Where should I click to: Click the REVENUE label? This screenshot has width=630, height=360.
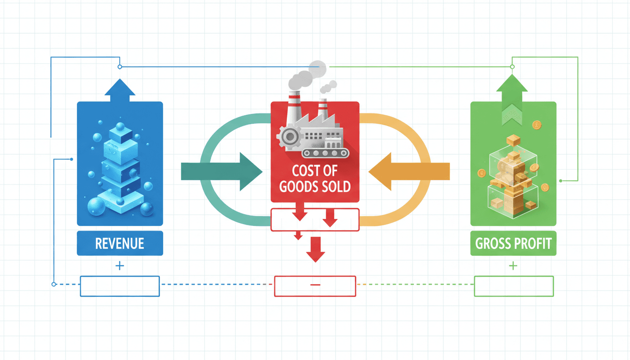[x=120, y=243]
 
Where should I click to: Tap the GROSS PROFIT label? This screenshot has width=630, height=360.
[x=513, y=243]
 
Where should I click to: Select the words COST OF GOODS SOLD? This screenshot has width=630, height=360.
[x=315, y=179]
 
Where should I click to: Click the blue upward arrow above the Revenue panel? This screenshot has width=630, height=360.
[x=120, y=90]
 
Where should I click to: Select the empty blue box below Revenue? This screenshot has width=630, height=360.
[x=120, y=286]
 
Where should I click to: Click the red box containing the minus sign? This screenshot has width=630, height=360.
[x=315, y=286]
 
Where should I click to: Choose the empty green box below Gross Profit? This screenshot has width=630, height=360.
[x=514, y=286]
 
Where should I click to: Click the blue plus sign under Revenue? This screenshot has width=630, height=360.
[x=120, y=266]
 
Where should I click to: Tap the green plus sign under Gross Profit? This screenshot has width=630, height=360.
[x=513, y=266]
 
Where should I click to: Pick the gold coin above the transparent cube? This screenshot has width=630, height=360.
[x=537, y=125]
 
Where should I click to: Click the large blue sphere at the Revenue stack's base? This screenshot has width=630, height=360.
[x=97, y=206]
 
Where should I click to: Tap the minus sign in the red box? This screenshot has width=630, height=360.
[x=315, y=285]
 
